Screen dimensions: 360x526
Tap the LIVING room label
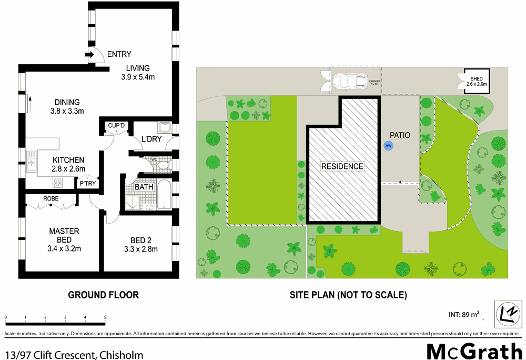click(x=138, y=68)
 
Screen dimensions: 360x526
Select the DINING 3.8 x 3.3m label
click(x=67, y=106)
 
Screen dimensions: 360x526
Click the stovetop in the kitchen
click(x=58, y=183)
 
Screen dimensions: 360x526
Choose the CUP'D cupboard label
click(x=116, y=125)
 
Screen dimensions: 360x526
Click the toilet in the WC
click(x=163, y=166)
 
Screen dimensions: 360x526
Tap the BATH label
click(x=144, y=187)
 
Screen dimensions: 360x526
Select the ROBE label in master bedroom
click(x=51, y=198)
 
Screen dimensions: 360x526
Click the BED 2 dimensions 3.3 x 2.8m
click(x=140, y=249)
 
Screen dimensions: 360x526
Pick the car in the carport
click(x=350, y=81)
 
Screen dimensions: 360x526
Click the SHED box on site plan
click(x=477, y=81)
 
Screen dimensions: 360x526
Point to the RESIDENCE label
click(x=342, y=166)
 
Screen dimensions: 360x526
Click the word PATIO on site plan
click(x=400, y=135)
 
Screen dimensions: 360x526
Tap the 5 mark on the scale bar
click(x=105, y=317)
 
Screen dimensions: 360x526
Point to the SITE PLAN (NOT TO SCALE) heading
click(x=348, y=295)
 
